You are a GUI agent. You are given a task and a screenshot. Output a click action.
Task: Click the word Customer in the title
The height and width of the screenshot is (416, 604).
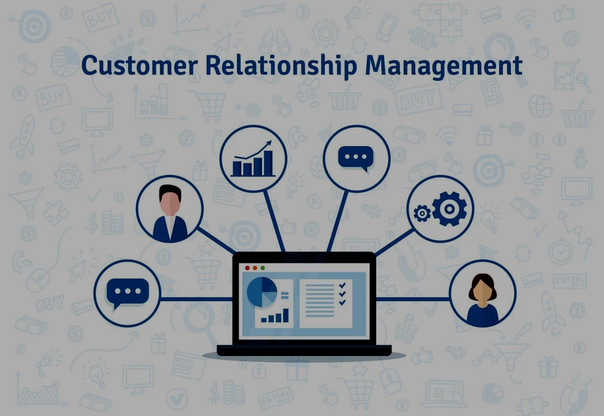tap(140, 65)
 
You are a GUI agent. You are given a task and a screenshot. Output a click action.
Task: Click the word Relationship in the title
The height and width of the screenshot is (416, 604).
tap(281, 66)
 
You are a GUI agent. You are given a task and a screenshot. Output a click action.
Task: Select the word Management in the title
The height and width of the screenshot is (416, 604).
tap(444, 67)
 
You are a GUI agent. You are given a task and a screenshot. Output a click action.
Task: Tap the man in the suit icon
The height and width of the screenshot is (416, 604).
tap(170, 213)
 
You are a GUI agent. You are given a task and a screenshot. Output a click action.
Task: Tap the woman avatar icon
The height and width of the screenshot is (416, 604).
tap(483, 300)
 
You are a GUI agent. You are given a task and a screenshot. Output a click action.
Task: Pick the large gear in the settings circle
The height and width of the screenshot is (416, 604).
tap(449, 208)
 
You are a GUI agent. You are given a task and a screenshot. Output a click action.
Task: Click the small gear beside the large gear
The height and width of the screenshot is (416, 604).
tap(422, 213)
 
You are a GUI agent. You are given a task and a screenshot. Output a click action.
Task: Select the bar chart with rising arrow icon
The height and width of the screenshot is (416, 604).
tap(253, 159)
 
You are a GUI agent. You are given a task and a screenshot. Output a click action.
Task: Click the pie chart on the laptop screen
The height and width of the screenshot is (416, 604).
tap(262, 292)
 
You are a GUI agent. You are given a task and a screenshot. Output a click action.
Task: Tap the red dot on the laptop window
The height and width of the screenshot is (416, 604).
tap(247, 268)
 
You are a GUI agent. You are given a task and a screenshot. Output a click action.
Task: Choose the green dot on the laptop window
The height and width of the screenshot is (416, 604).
tap(263, 268)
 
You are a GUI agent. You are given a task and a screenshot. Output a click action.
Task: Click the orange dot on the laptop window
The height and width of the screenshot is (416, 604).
tap(255, 268)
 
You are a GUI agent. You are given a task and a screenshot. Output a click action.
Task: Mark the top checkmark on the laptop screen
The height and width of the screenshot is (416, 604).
tap(343, 285)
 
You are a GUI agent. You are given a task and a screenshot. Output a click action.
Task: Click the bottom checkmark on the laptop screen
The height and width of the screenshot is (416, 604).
tap(343, 303)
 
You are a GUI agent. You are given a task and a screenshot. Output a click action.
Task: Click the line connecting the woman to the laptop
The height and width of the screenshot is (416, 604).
tap(412, 299)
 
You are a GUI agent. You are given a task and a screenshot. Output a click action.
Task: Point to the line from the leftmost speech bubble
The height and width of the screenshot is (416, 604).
tap(196, 299)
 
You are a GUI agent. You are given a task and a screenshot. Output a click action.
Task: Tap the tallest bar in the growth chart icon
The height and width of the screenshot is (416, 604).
tap(268, 163)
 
